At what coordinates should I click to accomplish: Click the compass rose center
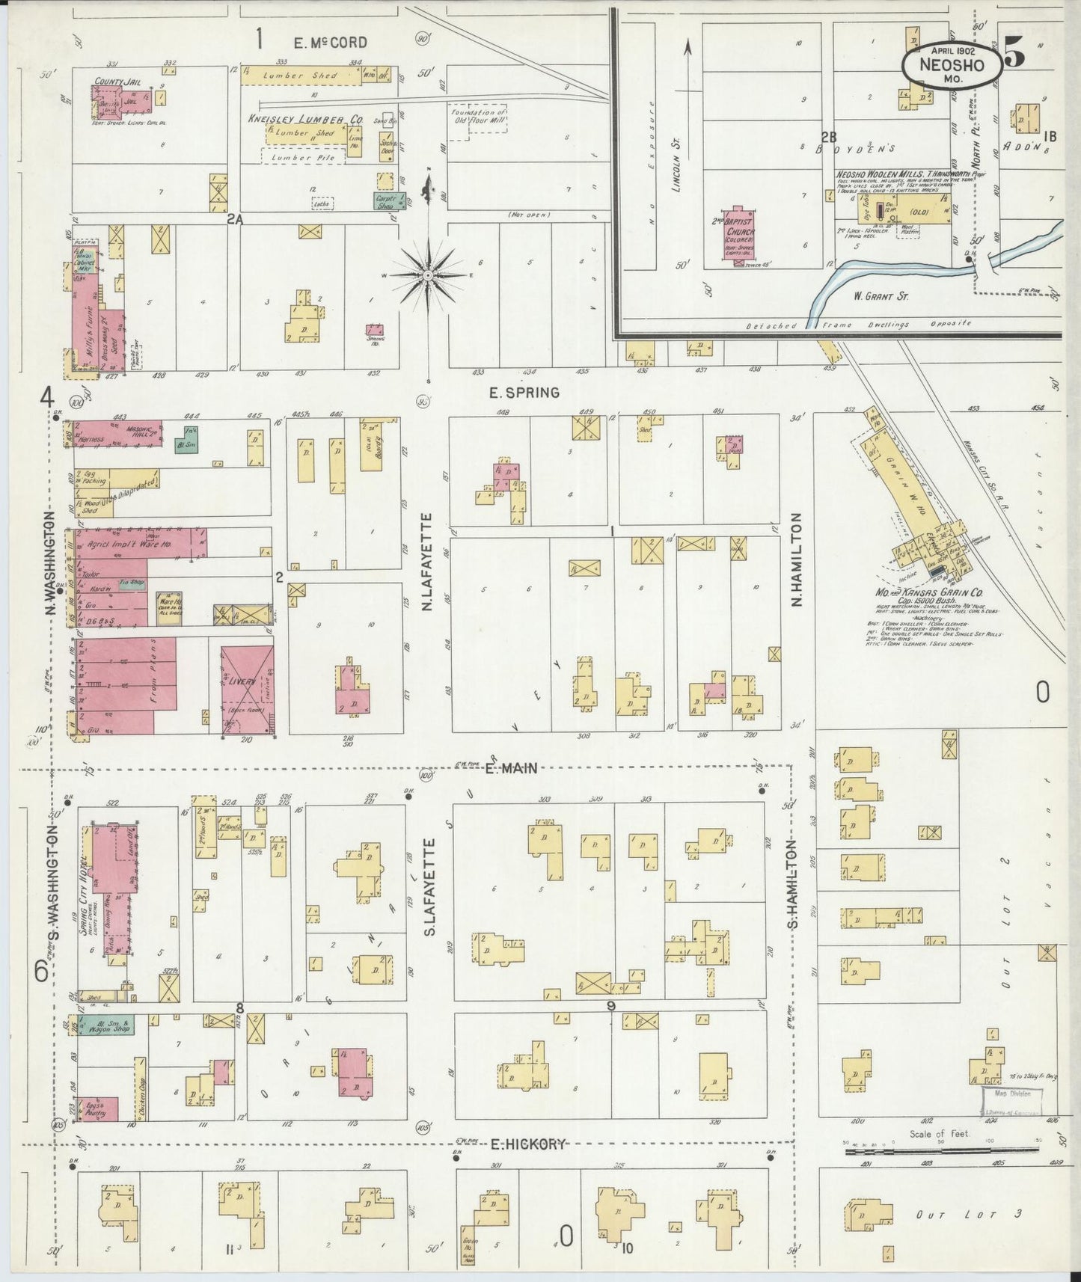click(x=428, y=276)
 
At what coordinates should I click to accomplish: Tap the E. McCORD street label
click(x=330, y=43)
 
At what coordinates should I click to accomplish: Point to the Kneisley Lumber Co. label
click(x=306, y=119)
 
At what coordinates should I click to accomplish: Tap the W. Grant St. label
click(x=881, y=296)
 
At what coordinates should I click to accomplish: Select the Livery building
click(x=248, y=688)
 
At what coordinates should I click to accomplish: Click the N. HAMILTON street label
click(x=796, y=559)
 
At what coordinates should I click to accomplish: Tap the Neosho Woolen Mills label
click(x=884, y=174)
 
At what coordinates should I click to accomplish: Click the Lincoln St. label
click(x=677, y=170)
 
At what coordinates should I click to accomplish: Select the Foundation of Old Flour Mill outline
click(x=477, y=119)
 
